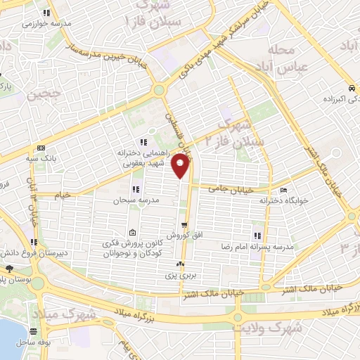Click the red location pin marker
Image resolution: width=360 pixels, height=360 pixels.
[181, 166]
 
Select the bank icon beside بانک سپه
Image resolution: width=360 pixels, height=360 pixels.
[40, 148]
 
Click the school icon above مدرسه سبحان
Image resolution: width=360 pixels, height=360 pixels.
[136, 189]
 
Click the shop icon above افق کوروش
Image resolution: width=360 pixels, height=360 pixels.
[184, 226]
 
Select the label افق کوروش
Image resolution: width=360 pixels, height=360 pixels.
[179, 236]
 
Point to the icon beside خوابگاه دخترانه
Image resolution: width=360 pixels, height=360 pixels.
[283, 190]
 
